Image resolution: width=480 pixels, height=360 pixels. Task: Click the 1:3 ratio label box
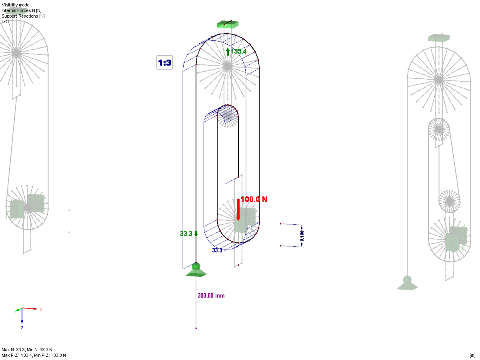tap(164, 62)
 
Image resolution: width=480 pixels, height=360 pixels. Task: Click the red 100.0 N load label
tap(254, 199)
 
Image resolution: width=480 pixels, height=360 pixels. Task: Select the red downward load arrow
tap(238, 210)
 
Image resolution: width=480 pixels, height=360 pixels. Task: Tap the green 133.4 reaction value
tap(238, 51)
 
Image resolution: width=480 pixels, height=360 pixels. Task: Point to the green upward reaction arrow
tap(228, 52)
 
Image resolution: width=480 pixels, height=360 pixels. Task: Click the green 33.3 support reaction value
tap(186, 234)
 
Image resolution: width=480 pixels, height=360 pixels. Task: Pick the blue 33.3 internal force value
tap(217, 250)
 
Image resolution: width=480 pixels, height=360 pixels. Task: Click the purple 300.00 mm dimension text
tap(211, 296)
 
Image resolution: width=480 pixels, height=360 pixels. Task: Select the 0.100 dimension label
tap(302, 236)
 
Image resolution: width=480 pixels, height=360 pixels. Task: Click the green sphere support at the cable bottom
tap(196, 266)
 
